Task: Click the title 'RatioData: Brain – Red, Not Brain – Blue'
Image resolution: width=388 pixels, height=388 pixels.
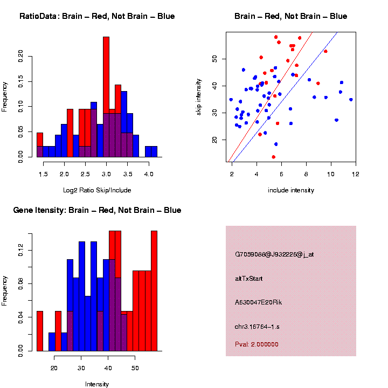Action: tap(97, 16)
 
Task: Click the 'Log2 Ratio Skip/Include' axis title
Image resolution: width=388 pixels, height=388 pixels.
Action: tap(97, 190)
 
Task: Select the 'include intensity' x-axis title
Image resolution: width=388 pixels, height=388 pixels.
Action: tap(291, 190)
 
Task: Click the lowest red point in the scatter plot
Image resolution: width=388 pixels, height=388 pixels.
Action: tap(274, 157)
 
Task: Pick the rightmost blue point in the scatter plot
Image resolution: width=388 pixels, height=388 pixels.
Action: tap(351, 100)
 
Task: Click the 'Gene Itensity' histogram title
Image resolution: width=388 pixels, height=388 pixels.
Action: tap(97, 210)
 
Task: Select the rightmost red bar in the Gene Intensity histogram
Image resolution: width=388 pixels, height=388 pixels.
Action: tap(154, 291)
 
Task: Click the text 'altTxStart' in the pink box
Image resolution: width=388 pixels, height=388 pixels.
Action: tap(248, 279)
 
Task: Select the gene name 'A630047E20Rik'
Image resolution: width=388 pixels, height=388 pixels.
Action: tap(258, 302)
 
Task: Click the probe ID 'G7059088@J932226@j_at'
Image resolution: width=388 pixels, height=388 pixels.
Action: tap(274, 254)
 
